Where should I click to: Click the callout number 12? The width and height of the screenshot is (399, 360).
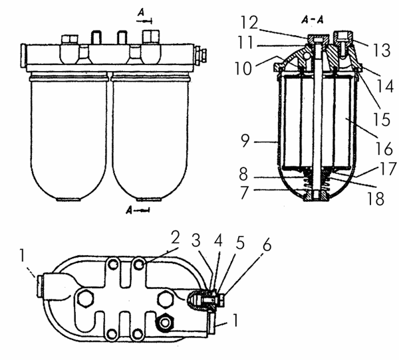249,23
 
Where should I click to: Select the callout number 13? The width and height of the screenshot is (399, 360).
382,50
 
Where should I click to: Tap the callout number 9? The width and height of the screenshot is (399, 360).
245,141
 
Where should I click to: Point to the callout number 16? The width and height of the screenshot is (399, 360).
384,149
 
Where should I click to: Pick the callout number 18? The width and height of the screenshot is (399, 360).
375,199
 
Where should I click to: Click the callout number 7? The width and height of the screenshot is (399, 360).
245,193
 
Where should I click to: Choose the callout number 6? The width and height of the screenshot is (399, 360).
267,244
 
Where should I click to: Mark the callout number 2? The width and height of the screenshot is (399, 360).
176,238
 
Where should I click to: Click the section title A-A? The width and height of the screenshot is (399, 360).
313,19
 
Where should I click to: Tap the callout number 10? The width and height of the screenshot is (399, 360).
243,68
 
